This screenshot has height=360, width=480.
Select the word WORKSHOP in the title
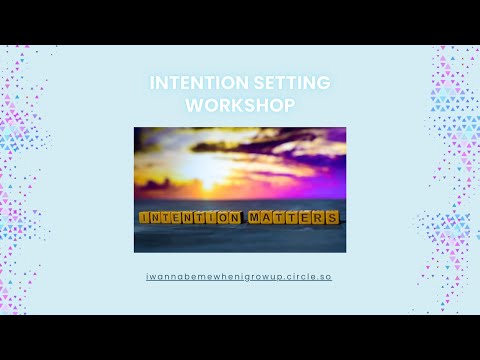[x=240, y=103]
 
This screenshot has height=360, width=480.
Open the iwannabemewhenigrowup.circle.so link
[x=239, y=274]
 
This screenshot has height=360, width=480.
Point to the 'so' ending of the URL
[x=325, y=274]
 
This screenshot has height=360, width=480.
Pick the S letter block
[x=332, y=217]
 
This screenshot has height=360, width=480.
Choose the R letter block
[x=320, y=217]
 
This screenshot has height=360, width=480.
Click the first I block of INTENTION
[x=145, y=217]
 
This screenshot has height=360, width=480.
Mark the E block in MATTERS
[x=307, y=217]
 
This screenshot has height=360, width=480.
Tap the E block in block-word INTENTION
[x=177, y=217]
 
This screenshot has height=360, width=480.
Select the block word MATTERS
[x=294, y=217]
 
